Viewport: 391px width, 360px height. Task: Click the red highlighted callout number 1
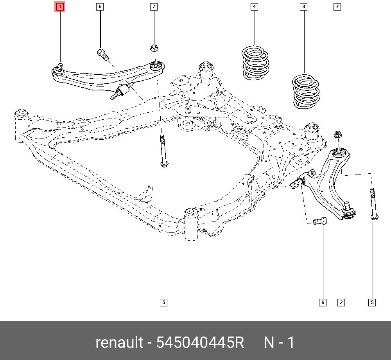[60, 7]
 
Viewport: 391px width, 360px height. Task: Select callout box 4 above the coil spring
[255, 7]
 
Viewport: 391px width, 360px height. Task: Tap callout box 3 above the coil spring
[303, 7]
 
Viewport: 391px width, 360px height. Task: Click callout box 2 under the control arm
[341, 302]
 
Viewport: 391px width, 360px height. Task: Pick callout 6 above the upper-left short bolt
[100, 7]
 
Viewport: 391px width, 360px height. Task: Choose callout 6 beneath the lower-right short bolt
[323, 302]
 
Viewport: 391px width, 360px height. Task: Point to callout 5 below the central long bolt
[163, 302]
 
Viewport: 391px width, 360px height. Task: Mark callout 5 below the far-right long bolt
[372, 302]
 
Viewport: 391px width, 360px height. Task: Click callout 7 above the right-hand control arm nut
[337, 7]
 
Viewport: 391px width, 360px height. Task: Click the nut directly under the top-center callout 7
[154, 49]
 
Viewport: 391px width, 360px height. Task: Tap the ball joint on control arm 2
[347, 210]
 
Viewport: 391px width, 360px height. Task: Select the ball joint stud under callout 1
[60, 67]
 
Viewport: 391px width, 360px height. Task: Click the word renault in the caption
[119, 343]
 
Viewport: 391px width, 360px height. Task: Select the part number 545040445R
[200, 343]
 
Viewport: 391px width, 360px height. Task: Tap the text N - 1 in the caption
[279, 343]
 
